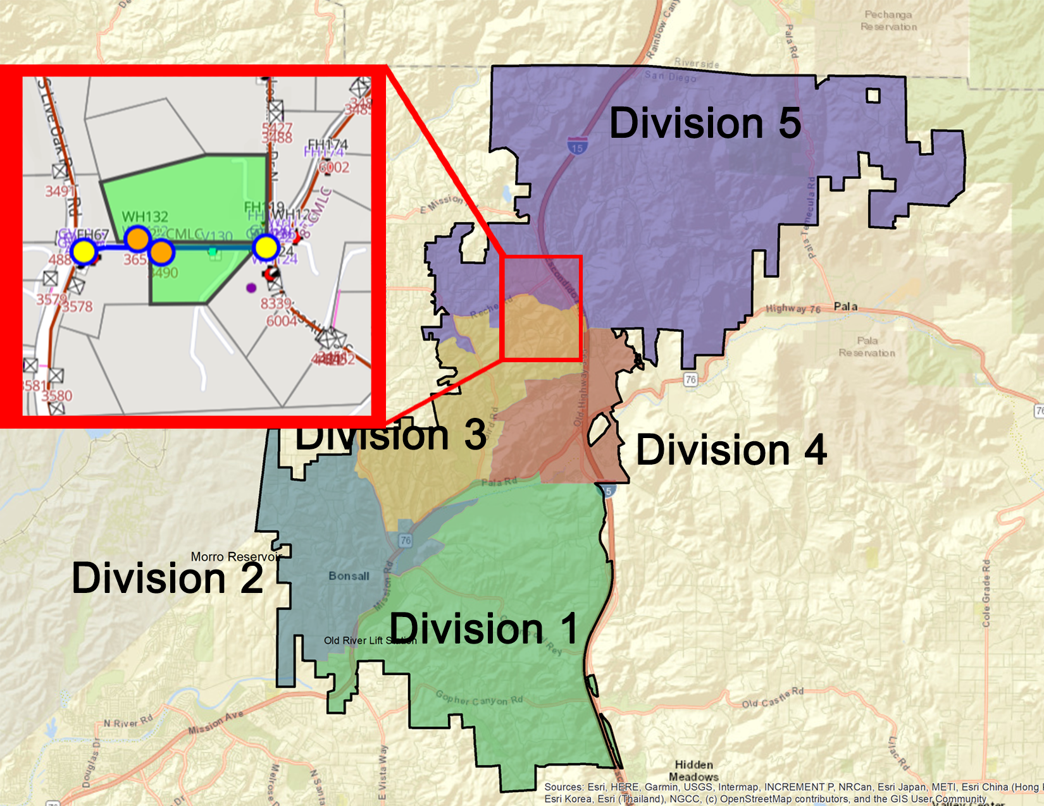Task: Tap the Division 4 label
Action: (x=731, y=450)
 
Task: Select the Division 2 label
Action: (x=167, y=578)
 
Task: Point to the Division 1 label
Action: (x=483, y=629)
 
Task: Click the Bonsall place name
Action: (x=349, y=576)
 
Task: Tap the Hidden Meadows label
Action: (x=693, y=771)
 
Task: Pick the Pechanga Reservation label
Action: (x=888, y=20)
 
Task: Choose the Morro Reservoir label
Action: (x=235, y=557)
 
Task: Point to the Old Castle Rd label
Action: (x=773, y=699)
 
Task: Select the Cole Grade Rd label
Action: (x=986, y=593)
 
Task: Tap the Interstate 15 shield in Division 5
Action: (x=576, y=147)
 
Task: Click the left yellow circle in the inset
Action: (x=84, y=252)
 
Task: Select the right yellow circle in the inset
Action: (x=266, y=247)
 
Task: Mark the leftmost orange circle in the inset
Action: (x=137, y=238)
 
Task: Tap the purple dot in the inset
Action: (x=251, y=288)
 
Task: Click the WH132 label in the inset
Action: (x=145, y=217)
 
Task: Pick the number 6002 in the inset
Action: (x=333, y=167)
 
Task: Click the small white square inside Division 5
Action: (x=873, y=95)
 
